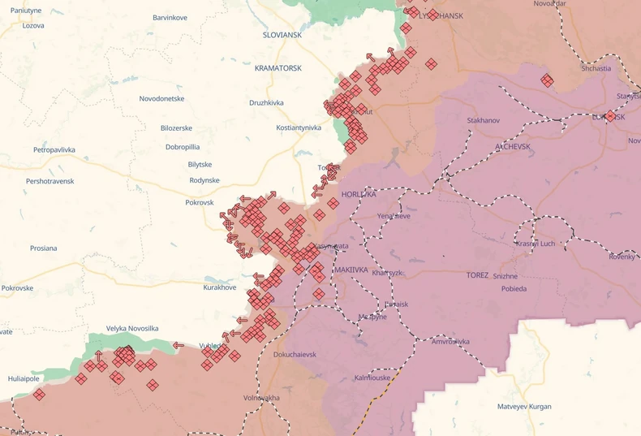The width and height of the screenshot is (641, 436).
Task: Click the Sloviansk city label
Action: (x=282, y=36)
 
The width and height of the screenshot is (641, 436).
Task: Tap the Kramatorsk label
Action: (x=277, y=68)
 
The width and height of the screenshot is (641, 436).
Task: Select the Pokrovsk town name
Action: (x=200, y=202)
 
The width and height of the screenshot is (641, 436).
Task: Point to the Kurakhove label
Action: (x=219, y=287)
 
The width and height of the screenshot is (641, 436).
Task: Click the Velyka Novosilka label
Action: (x=132, y=328)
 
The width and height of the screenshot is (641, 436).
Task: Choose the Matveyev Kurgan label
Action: (x=524, y=406)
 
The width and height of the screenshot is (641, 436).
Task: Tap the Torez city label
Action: (x=477, y=275)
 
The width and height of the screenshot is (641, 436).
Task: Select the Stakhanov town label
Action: (x=484, y=120)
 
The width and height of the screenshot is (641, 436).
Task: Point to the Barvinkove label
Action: (x=170, y=18)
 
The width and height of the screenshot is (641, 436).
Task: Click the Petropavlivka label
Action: (x=54, y=150)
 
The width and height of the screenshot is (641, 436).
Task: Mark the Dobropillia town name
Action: (x=183, y=147)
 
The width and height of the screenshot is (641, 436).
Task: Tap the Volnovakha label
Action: (x=261, y=398)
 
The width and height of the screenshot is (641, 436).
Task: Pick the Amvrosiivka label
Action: (x=450, y=342)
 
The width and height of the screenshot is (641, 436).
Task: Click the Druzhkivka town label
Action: (x=266, y=103)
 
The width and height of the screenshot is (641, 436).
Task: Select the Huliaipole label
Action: (x=24, y=378)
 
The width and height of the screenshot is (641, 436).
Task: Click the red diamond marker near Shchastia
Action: (x=548, y=80)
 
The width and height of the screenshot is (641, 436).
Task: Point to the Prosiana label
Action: (x=43, y=248)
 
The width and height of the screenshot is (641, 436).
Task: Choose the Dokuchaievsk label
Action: (x=295, y=354)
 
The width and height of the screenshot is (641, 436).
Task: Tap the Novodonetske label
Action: (x=161, y=98)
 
